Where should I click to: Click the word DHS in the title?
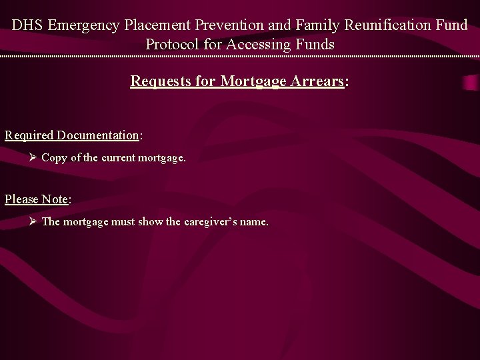27,26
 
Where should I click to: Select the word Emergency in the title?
83,26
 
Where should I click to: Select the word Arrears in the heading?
320,81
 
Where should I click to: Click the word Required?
29,135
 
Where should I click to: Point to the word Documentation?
98,135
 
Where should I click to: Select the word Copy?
55,158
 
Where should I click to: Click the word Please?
21,199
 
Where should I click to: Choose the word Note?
55,199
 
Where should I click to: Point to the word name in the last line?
253,221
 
